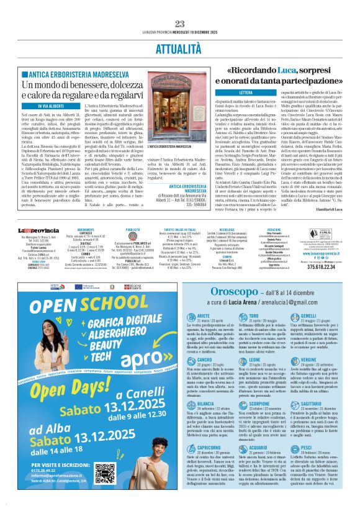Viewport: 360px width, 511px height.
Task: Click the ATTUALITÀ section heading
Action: [x=180, y=47]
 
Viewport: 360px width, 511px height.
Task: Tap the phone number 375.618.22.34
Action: [x=322, y=269]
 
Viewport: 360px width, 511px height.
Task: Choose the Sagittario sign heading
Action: [x=313, y=404]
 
